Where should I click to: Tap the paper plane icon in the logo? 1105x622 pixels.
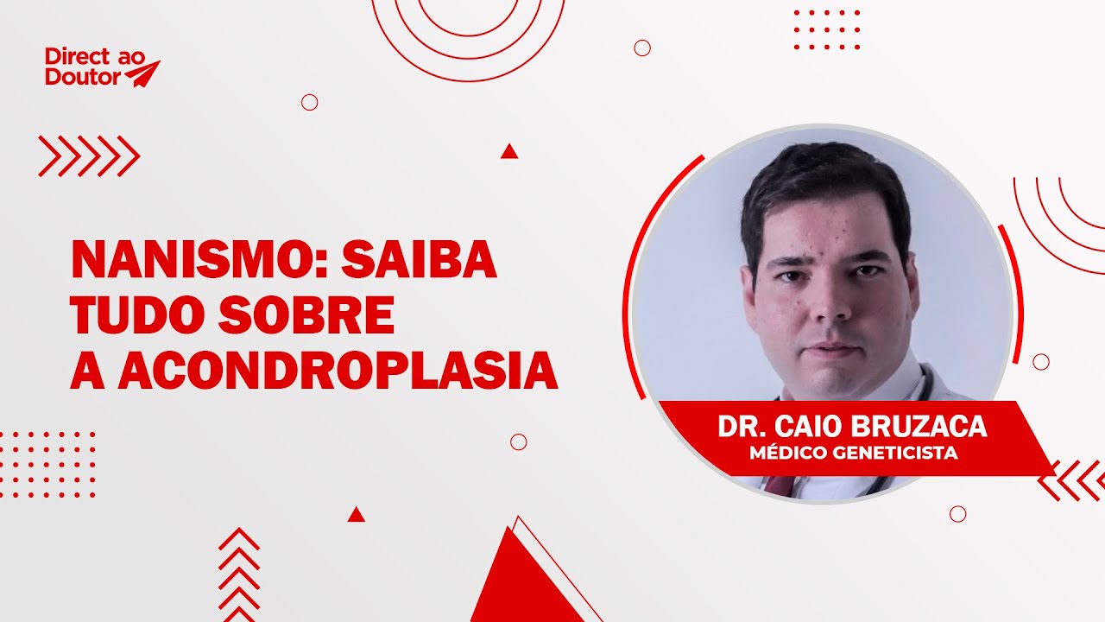click(x=142, y=73)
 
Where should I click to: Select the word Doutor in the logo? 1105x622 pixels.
click(x=84, y=79)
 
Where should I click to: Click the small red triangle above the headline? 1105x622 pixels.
click(x=509, y=152)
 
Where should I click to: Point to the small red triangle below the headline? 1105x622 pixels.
click(x=356, y=515)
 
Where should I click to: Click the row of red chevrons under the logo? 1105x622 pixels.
click(x=89, y=156)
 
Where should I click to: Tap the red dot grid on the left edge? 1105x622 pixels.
click(x=47, y=465)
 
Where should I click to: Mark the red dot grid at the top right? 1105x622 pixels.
click(x=827, y=30)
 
